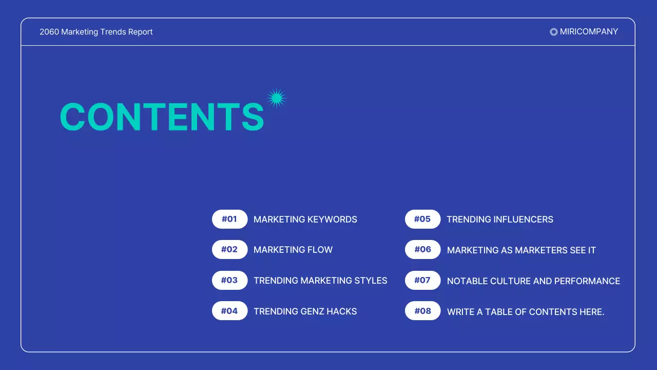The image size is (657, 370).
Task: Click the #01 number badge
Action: [x=229, y=219]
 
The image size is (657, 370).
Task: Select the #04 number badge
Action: [x=229, y=311]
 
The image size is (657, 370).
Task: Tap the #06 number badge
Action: [x=422, y=250]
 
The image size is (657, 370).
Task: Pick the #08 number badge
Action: [x=422, y=311]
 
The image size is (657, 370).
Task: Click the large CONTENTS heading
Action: [x=162, y=117]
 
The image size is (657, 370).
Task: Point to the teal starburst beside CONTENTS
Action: [x=276, y=98]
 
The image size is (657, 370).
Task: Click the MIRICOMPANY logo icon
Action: [x=553, y=32]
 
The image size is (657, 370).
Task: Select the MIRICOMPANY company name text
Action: [x=589, y=32]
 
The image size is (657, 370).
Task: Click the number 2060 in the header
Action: [x=49, y=32]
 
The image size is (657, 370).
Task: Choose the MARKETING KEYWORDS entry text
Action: [x=305, y=219]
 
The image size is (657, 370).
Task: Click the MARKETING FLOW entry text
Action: [x=293, y=250]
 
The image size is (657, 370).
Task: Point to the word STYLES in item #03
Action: [x=371, y=281]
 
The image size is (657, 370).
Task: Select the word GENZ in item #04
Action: [x=316, y=311]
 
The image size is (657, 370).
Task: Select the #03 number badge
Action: [x=229, y=281]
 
